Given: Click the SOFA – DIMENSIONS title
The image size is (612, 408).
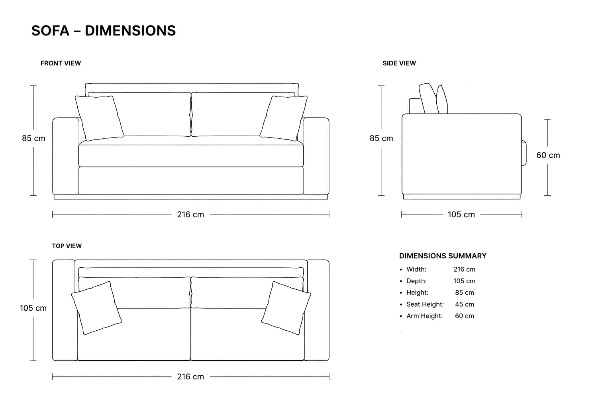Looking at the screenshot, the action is pyautogui.click(x=104, y=31).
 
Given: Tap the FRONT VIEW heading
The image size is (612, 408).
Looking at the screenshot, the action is pyautogui.click(x=61, y=63).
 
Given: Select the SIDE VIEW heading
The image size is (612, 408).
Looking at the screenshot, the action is pyautogui.click(x=399, y=63).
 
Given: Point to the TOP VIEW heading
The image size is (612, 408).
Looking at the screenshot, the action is pyautogui.click(x=67, y=246).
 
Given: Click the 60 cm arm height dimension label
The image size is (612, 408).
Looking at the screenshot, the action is pyautogui.click(x=548, y=155).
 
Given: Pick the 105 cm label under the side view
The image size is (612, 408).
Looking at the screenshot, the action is pyautogui.click(x=461, y=214).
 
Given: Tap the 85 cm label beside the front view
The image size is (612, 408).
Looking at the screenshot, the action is pyautogui.click(x=33, y=138).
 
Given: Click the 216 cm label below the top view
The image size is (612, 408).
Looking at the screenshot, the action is pyautogui.click(x=190, y=377).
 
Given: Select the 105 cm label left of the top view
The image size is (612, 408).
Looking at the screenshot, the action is pyautogui.click(x=33, y=308).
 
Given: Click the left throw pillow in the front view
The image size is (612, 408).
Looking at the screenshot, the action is pyautogui.click(x=100, y=118).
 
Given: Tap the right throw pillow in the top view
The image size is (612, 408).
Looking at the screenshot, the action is pyautogui.click(x=286, y=308).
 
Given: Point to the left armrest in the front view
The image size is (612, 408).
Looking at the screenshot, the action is pyautogui.click(x=66, y=156).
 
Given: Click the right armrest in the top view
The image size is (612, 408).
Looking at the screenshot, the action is pyautogui.click(x=318, y=310).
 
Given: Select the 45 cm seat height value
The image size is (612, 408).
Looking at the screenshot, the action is pyautogui.click(x=465, y=304).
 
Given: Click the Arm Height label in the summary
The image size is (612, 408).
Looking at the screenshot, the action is pyautogui.click(x=424, y=316).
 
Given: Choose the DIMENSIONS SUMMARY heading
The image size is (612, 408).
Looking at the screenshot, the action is pyautogui.click(x=443, y=256).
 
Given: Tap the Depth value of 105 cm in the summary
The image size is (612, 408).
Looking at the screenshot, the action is pyautogui.click(x=464, y=281).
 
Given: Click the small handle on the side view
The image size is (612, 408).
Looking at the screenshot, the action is pyautogui.click(x=524, y=153).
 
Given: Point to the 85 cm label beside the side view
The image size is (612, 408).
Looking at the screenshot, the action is pyautogui.click(x=381, y=138).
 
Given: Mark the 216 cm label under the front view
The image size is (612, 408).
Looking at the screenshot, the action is pyautogui.click(x=190, y=214).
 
